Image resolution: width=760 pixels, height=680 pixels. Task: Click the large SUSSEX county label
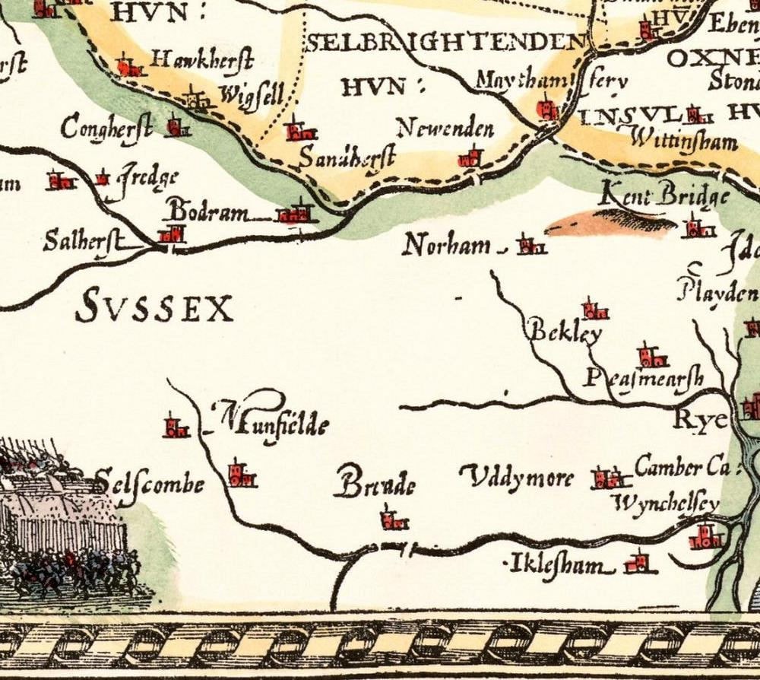click(x=155, y=308)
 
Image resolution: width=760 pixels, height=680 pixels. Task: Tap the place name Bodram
click(x=207, y=211)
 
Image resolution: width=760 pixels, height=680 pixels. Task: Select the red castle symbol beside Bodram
click(x=295, y=213)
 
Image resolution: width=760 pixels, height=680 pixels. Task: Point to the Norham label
click(x=447, y=246)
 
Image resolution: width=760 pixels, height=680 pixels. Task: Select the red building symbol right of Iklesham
click(x=637, y=563)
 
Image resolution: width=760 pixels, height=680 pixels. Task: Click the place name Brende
click(x=378, y=485)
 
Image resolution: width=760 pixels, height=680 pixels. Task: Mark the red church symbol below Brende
click(x=394, y=520)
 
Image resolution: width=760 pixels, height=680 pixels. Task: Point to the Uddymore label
click(x=518, y=478)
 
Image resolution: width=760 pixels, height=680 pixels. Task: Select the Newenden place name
click(x=445, y=129)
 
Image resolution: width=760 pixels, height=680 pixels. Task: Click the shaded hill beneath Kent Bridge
click(x=612, y=223)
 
